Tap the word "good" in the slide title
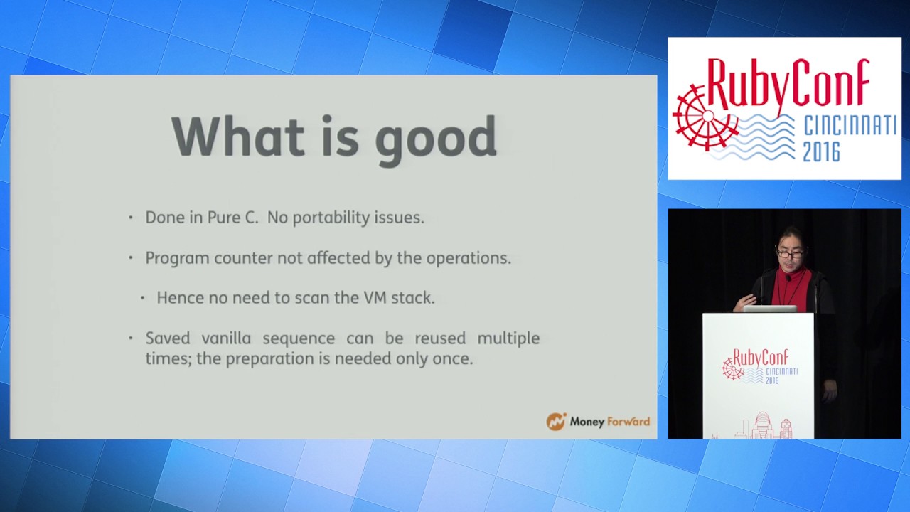click(435, 139)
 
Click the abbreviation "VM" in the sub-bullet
click(375, 298)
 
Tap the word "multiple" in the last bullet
click(508, 338)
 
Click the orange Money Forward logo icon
click(556, 422)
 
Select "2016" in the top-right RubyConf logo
click(821, 151)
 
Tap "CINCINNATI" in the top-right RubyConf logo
click(850, 127)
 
